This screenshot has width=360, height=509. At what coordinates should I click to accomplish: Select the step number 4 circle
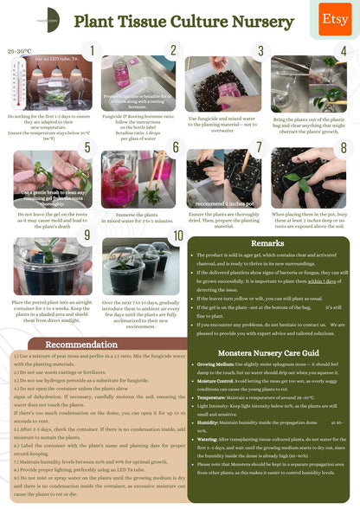[343, 52]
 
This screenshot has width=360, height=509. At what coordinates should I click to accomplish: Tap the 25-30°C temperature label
[19, 52]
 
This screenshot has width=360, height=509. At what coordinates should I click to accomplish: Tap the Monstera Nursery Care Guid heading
[268, 353]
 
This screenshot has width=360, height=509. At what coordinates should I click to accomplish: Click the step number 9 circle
[86, 235]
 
